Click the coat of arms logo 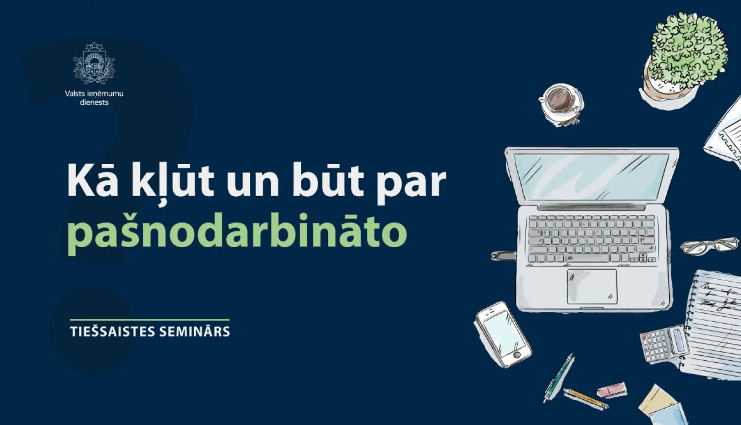94,64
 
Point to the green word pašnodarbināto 237,232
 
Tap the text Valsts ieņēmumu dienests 94,98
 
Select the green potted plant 687,54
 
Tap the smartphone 503,335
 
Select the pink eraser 612,390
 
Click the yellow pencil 585,399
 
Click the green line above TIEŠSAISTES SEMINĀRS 150,320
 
